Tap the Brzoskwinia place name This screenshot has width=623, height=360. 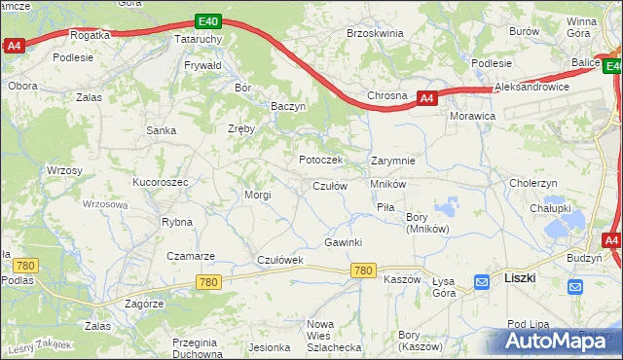(375, 33)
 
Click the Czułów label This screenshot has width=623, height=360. (330, 186)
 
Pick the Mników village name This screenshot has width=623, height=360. (387, 183)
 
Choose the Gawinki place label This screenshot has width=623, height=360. (344, 242)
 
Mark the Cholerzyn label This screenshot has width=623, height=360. (532, 183)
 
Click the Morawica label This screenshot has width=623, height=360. (473, 116)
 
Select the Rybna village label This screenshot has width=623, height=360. (177, 222)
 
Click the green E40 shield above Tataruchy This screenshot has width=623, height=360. (206, 20)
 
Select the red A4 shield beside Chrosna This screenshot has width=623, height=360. (426, 98)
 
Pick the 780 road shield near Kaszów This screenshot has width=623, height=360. (364, 271)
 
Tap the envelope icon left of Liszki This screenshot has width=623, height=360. (482, 283)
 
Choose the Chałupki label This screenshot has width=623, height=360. (550, 207)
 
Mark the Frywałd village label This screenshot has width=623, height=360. (202, 66)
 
